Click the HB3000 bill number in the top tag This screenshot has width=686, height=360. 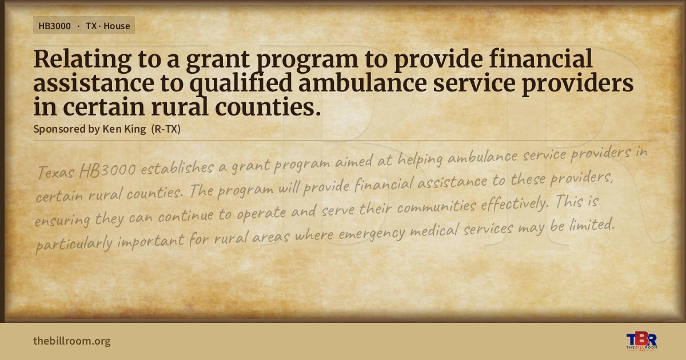(x=54, y=26)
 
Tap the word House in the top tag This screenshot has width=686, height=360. (x=117, y=26)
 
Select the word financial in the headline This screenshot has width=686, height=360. (x=541, y=58)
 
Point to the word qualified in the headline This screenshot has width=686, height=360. (x=241, y=83)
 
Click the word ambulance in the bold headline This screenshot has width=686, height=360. (x=362, y=83)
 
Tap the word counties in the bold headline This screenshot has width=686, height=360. (x=268, y=107)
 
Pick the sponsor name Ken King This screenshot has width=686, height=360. (x=124, y=129)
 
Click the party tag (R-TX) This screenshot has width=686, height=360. (x=166, y=129)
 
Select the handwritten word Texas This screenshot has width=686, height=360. (x=56, y=172)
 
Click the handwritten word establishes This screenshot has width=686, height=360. (x=177, y=168)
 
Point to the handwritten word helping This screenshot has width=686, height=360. (x=420, y=160)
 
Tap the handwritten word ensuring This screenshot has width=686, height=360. (x=62, y=220)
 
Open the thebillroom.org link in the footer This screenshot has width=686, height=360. (x=72, y=341)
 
